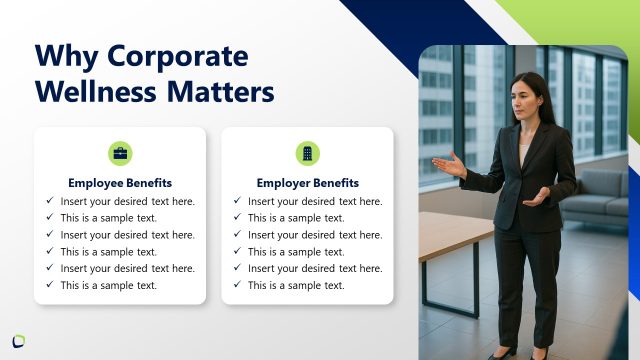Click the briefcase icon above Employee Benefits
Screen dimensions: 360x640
click(x=120, y=153)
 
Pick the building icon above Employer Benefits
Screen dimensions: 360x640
click(x=307, y=153)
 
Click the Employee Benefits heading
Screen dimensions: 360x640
click(x=120, y=183)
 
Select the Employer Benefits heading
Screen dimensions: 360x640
click(x=307, y=183)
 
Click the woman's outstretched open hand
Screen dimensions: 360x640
click(x=448, y=164)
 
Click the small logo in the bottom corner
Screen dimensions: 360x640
click(x=18, y=341)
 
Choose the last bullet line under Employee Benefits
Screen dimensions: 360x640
click(x=109, y=285)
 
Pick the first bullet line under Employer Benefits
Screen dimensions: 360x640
click(x=315, y=201)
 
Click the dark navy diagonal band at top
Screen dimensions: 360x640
click(x=420, y=20)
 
